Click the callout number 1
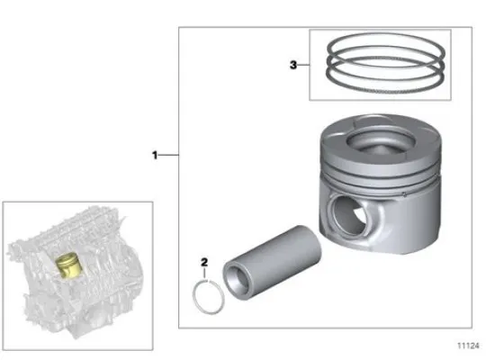[x=155, y=155]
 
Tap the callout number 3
[x=293, y=65]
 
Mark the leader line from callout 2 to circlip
[x=206, y=274]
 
